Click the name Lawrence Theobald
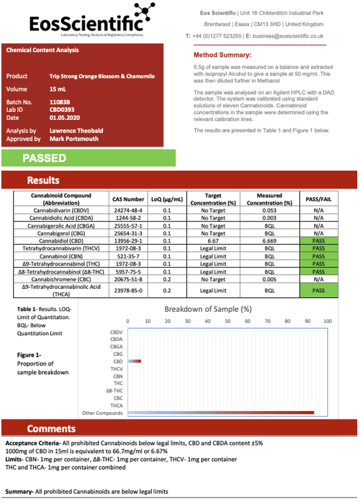point(76,131)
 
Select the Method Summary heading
point(222,55)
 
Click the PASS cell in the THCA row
point(318,290)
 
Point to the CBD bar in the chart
point(135,361)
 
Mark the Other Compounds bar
point(222,412)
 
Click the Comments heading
point(51,428)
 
